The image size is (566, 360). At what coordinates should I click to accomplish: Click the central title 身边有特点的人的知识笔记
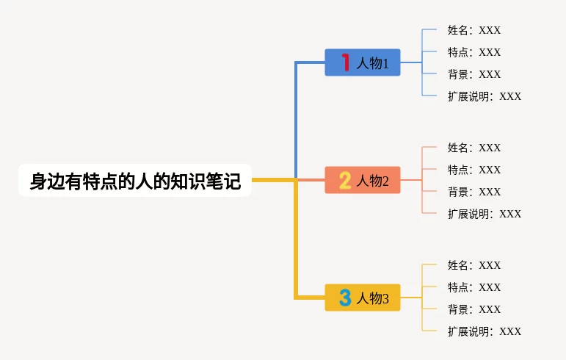click(x=135, y=181)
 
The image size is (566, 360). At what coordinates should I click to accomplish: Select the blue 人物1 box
click(x=363, y=62)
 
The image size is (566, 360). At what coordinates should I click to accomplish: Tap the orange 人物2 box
click(x=363, y=180)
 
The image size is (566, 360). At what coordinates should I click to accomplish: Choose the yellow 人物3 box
click(x=363, y=298)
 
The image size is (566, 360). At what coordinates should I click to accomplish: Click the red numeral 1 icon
click(x=346, y=62)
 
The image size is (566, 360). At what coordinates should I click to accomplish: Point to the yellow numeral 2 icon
click(x=345, y=180)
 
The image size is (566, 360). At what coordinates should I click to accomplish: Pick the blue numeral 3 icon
click(x=345, y=298)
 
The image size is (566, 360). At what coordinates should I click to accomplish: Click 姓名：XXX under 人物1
click(x=474, y=30)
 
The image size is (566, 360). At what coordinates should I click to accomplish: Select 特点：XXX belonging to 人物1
click(x=474, y=52)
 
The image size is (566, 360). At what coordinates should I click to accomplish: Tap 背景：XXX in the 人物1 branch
click(x=474, y=74)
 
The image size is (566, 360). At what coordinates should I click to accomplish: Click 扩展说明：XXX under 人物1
click(x=485, y=96)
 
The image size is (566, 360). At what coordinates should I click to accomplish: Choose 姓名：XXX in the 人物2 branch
click(x=474, y=148)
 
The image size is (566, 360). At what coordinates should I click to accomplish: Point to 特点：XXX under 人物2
click(x=474, y=170)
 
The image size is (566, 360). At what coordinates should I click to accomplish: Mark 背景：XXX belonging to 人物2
click(x=474, y=191)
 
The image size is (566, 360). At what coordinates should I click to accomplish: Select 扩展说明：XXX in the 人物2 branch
click(x=485, y=213)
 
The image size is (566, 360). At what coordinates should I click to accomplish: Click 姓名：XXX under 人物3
click(x=474, y=265)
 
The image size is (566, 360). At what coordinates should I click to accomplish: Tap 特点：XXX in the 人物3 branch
click(x=474, y=287)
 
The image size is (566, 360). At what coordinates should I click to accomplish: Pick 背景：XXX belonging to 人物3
click(x=474, y=309)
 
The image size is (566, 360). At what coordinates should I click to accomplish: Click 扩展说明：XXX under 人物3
click(x=485, y=331)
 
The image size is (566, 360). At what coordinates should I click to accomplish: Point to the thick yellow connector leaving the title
click(x=296, y=238)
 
